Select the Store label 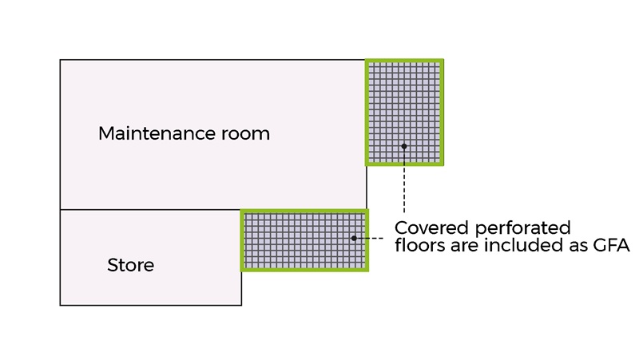[130, 265]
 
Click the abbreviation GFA [612, 247]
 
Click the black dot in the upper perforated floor [404, 146]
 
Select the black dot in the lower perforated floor [354, 238]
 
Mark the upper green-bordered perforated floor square [404, 112]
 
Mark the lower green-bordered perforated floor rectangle [304, 240]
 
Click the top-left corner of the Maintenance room [61, 60]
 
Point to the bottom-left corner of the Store [61, 305]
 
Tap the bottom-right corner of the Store [241, 305]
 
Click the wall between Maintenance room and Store [150, 210]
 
